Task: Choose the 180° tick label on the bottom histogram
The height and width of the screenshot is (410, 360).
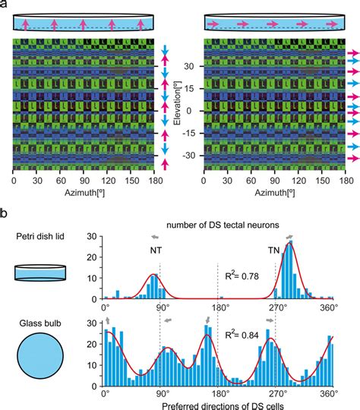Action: point(218,393)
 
